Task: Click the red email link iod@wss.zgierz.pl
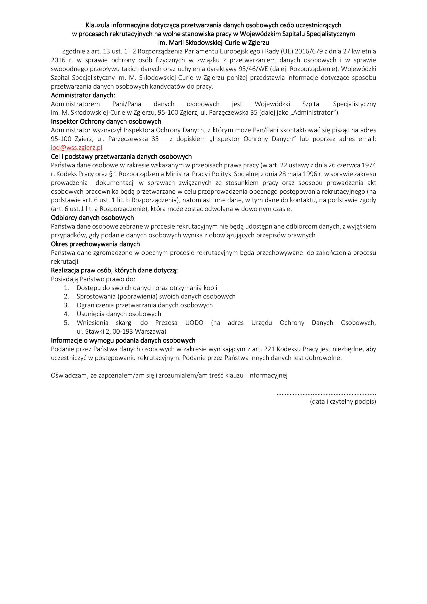tap(76, 148)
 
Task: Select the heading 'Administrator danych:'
tap(83, 95)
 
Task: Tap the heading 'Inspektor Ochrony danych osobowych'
tap(106, 121)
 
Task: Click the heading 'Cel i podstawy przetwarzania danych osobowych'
tap(121, 156)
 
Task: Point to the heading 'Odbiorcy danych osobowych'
tap(92, 218)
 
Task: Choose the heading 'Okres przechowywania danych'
tap(95, 244)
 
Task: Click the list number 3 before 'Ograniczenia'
tap(66, 305)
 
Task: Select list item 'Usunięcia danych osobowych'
tap(119, 314)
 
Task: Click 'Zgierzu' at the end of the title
tap(259, 43)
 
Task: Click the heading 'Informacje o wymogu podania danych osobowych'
tap(123, 340)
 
